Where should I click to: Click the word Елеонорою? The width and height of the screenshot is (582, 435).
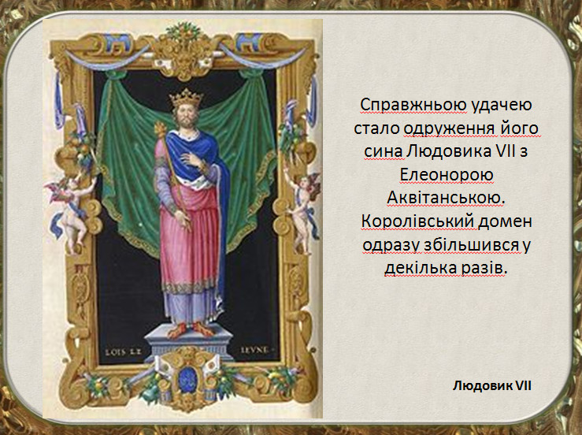[x=447, y=175]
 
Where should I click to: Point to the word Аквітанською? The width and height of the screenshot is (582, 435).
[x=447, y=199]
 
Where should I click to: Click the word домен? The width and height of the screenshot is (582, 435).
[x=505, y=221]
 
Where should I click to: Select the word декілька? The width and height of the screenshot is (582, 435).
[x=420, y=268]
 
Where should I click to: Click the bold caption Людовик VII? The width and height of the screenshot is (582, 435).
[x=491, y=385]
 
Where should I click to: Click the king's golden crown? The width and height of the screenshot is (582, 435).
[x=187, y=98]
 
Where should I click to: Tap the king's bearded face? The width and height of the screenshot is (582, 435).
[x=185, y=117]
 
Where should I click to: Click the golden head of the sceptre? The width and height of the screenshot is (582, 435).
[x=161, y=130]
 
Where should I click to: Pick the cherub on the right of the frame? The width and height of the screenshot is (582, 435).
[x=304, y=213]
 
